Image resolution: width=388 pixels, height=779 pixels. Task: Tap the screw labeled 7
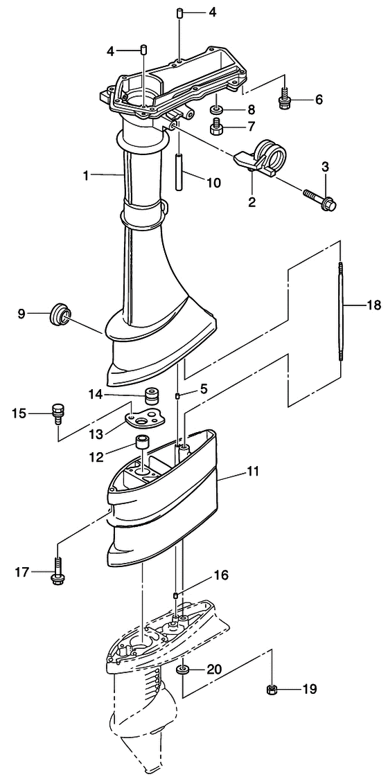coord(216,126)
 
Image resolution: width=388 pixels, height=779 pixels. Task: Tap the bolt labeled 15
coord(58,414)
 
